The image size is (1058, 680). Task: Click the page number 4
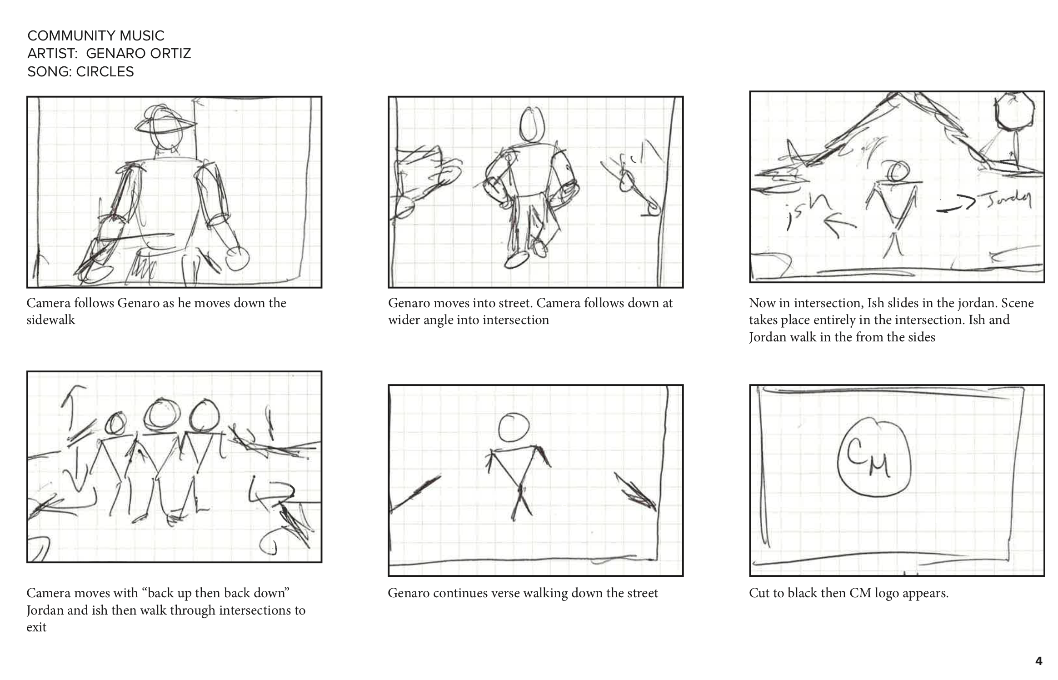coord(1038,661)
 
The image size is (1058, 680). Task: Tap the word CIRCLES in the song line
coord(105,72)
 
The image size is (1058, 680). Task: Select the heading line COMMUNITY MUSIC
coord(96,35)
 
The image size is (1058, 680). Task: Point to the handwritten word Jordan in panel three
coord(1006,199)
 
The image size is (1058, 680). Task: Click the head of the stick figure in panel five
coord(514,427)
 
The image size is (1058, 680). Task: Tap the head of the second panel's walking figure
coord(532,125)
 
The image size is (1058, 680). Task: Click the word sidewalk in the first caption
coord(51,320)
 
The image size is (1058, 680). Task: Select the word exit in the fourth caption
coord(36,627)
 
